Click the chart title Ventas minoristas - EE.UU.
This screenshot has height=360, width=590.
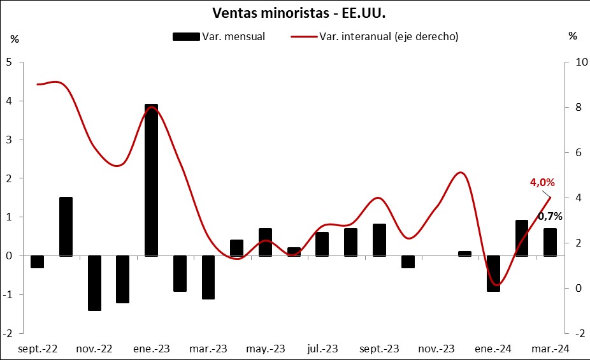point(294,13)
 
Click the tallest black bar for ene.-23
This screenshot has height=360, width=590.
point(151,180)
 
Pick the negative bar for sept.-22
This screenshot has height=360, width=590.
point(37,261)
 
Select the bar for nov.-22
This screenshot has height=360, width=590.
point(94,283)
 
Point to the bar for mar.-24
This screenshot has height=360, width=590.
point(550,242)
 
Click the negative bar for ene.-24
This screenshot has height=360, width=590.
point(493,273)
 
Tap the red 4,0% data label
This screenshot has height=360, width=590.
point(542,183)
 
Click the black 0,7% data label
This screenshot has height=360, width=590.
point(550,216)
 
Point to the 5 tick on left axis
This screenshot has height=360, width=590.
point(9,62)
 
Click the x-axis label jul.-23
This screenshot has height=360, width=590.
point(322,349)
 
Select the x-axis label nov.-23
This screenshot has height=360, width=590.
point(436,349)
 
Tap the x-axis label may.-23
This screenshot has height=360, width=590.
point(266,349)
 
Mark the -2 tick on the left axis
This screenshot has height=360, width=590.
point(8,333)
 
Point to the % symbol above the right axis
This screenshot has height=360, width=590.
point(572,36)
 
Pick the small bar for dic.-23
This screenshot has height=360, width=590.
point(464,254)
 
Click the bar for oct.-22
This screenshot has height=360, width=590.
point(66,226)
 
